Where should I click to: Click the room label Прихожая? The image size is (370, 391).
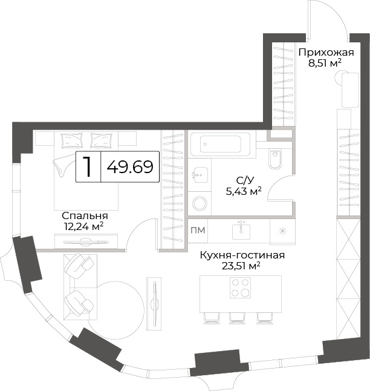pyautogui.click(x=326, y=53)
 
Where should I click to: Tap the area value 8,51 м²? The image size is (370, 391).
pyautogui.click(x=325, y=64)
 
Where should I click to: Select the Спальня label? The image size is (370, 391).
pyautogui.click(x=85, y=215)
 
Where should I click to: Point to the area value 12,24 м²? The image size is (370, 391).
pyautogui.click(x=84, y=226)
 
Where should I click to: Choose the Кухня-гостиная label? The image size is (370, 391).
pyautogui.click(x=242, y=255)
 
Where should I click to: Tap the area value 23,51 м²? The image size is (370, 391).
pyautogui.click(x=241, y=266)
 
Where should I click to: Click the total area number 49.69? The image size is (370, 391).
pyautogui.click(x=130, y=167)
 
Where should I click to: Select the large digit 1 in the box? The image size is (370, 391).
pyautogui.click(x=87, y=167)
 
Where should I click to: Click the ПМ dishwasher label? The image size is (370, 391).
pyautogui.click(x=198, y=231)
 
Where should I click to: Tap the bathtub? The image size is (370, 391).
pyautogui.click(x=220, y=144)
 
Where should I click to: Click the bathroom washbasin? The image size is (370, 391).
pyautogui.click(x=200, y=175)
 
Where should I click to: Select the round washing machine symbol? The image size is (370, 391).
pyautogui.click(x=200, y=203)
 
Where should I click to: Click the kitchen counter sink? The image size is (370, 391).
pyautogui.click(x=241, y=231)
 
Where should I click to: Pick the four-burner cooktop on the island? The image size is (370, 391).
pyautogui.click(x=240, y=287)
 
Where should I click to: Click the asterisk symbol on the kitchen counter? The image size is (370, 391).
pyautogui.click(x=282, y=231)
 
